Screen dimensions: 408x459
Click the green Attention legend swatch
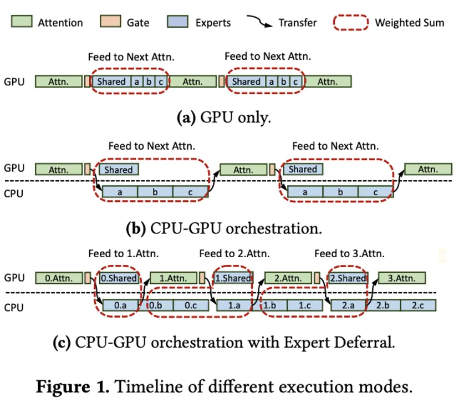[x=21, y=22]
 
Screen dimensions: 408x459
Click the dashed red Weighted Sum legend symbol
[x=350, y=22]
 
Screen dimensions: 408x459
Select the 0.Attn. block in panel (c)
[x=58, y=278]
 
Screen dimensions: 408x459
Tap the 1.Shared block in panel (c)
[x=233, y=278]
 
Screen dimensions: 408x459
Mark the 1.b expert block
[x=271, y=305]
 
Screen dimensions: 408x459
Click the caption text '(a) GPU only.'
[x=223, y=118]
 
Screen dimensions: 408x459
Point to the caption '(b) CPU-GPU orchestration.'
[x=225, y=227]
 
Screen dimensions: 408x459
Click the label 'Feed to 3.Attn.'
[x=349, y=254]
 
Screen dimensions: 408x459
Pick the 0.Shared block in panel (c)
[x=118, y=278]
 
